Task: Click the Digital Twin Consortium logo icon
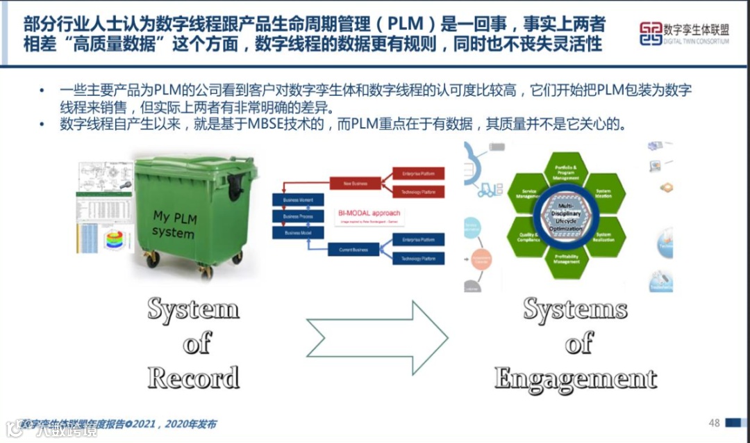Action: [651, 33]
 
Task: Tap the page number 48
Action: [714, 423]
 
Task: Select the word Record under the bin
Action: [193, 378]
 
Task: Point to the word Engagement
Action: [576, 378]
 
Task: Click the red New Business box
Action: [355, 184]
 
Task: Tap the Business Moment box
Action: [297, 200]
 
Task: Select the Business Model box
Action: [297, 233]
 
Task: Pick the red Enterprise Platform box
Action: [418, 172]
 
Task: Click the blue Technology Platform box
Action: [418, 259]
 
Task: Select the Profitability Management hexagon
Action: [566, 260]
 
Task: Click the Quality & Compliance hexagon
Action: [528, 236]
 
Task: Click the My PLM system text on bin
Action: [174, 225]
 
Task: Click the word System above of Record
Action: [193, 309]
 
